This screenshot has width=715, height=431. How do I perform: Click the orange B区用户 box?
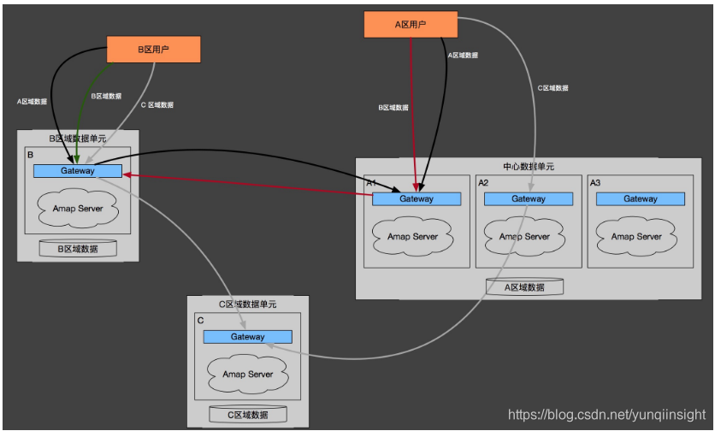pyautogui.click(x=154, y=50)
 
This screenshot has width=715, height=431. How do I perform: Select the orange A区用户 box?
pyautogui.click(x=410, y=25)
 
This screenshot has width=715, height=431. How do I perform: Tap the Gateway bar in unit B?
pyautogui.click(x=77, y=171)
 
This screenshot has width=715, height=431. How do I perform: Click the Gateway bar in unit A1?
pyautogui.click(x=416, y=198)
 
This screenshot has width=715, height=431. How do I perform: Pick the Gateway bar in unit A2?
pyautogui.click(x=528, y=198)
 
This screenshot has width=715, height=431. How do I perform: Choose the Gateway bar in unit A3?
pyautogui.click(x=640, y=198)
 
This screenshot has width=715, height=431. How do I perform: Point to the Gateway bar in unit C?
pyautogui.click(x=247, y=337)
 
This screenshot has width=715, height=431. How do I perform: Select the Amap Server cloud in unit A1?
pyautogui.click(x=412, y=237)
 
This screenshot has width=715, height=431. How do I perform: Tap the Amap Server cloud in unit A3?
pyautogui.click(x=636, y=237)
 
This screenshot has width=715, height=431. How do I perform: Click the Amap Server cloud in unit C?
pyautogui.click(x=247, y=374)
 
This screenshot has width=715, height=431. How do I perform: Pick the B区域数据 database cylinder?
pyautogui.click(x=78, y=249)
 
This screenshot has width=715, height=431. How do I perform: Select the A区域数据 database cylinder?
pyautogui.click(x=524, y=287)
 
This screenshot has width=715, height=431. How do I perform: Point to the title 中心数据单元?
pyautogui.click(x=529, y=167)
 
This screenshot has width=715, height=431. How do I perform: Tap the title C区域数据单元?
pyautogui.click(x=248, y=304)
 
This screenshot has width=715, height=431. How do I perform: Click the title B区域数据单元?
pyautogui.click(x=78, y=138)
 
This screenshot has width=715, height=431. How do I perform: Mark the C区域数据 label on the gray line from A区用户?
pyautogui.click(x=552, y=88)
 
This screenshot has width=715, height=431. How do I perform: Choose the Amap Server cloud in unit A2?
pyautogui.click(x=524, y=237)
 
